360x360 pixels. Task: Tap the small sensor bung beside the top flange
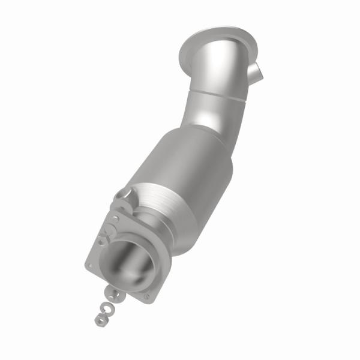coord(254,73)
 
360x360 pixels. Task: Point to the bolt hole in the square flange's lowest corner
coord(144,296)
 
